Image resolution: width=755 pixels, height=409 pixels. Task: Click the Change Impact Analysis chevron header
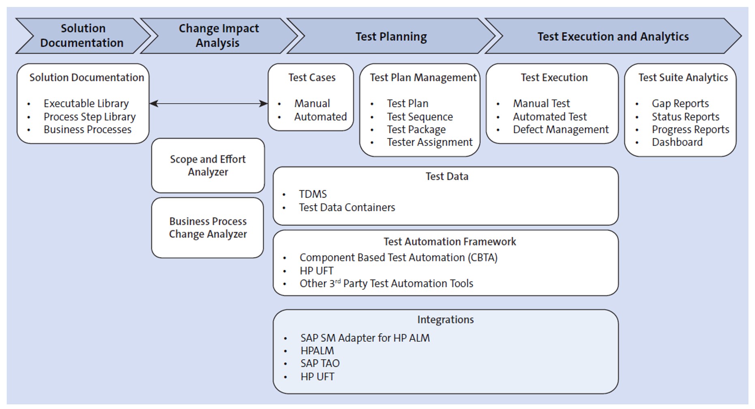click(x=219, y=36)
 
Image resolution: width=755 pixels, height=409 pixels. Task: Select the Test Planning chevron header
click(x=391, y=37)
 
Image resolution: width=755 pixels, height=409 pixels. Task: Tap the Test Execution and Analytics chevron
click(x=613, y=37)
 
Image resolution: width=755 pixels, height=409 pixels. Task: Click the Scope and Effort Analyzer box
click(x=208, y=165)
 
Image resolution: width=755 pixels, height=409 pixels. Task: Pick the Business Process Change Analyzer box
click(x=208, y=228)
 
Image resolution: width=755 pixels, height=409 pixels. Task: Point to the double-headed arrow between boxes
click(x=208, y=103)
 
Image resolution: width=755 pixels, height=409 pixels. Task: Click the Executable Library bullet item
click(x=86, y=103)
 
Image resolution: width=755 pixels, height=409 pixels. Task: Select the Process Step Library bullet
click(x=90, y=117)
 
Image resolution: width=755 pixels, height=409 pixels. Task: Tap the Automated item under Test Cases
click(x=320, y=117)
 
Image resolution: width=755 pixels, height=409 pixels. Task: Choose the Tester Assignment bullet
click(x=429, y=142)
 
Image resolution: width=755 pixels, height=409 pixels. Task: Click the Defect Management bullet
click(x=560, y=129)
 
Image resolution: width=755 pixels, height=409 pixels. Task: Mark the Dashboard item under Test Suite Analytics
click(x=677, y=142)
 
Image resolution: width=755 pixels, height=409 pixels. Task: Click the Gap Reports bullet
click(x=680, y=103)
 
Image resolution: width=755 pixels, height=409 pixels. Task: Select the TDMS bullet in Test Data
click(x=313, y=194)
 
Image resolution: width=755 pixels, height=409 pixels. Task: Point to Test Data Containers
click(x=347, y=207)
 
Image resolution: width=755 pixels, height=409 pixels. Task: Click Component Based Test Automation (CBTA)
click(x=398, y=258)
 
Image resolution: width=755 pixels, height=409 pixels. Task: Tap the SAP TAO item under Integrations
click(x=320, y=364)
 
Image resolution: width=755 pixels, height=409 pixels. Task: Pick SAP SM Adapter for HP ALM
click(x=365, y=338)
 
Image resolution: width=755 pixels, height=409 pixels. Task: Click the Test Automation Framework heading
click(x=449, y=242)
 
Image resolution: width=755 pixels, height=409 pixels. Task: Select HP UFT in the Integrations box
click(x=317, y=377)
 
